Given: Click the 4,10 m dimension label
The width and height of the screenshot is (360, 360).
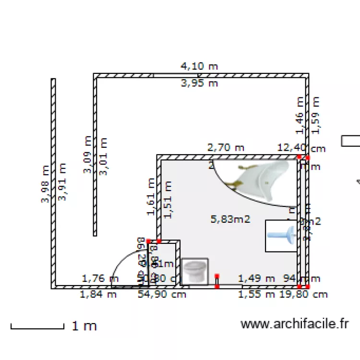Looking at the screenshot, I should tap(199, 66).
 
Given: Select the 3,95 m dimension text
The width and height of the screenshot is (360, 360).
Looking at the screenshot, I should tap(199, 84).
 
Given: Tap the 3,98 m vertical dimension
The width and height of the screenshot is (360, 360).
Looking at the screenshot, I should tap(45, 184).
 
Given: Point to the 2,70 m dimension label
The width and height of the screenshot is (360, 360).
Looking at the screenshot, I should tap(226, 148).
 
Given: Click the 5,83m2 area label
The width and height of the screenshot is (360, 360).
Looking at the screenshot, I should tap(230, 219).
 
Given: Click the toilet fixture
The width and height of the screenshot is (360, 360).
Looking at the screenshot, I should tap(195, 271).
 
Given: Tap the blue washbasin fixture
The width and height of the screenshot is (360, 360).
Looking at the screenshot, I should tap(281, 235).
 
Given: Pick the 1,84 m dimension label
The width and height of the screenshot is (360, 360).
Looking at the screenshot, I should tap(98, 294).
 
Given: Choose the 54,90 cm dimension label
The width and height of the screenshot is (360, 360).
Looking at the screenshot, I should tap(162, 294).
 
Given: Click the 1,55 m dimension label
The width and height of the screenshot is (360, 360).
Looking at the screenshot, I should tap(257, 294).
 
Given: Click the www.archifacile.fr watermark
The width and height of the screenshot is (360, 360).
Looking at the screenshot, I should tap(294, 324).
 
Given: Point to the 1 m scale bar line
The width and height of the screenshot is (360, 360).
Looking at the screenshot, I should tap(37, 328).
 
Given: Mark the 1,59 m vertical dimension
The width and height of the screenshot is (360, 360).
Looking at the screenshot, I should tap(315, 115).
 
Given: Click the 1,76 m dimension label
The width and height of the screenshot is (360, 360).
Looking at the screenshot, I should tap(100, 278).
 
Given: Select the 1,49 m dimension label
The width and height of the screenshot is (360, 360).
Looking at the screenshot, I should tap(256, 278).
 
